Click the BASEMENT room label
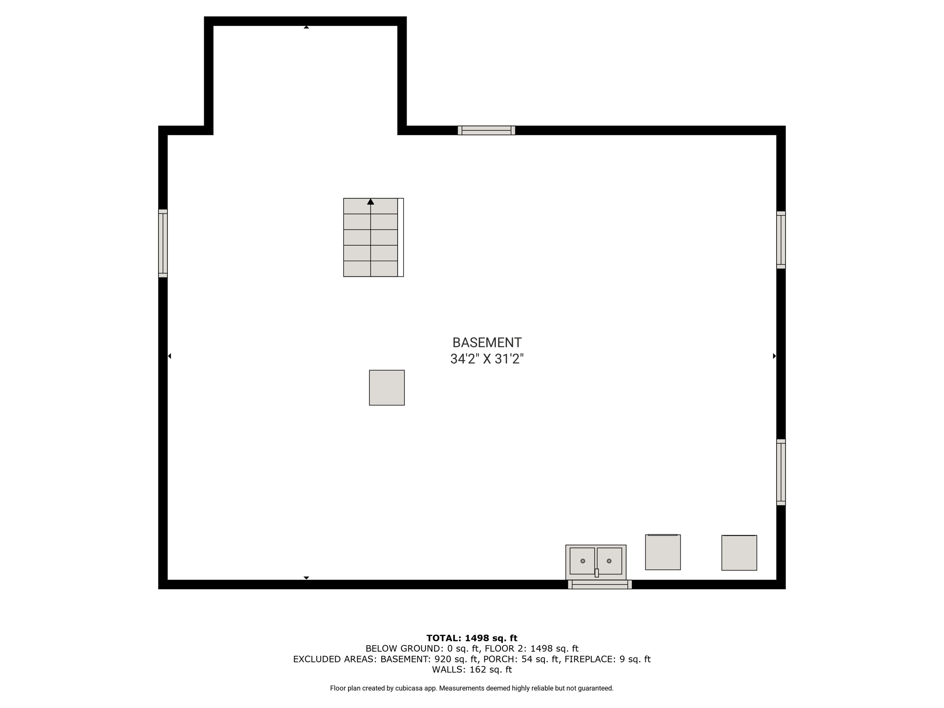click(487, 342)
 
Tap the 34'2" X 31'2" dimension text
click(487, 359)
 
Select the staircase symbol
click(373, 237)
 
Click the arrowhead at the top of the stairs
click(371, 201)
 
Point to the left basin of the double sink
click(582, 561)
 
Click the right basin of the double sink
click(609, 561)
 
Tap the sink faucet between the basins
click(596, 573)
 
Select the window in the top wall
click(486, 130)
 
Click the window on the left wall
click(163, 243)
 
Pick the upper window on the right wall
click(781, 240)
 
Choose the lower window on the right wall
click(781, 472)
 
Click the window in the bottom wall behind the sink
click(600, 584)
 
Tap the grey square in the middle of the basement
click(387, 388)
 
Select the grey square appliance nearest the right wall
click(739, 553)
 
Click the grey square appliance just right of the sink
click(663, 552)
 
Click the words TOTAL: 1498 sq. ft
click(472, 638)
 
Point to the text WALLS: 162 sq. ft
click(472, 669)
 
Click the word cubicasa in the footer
click(409, 688)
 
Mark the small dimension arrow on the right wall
click(774, 356)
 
